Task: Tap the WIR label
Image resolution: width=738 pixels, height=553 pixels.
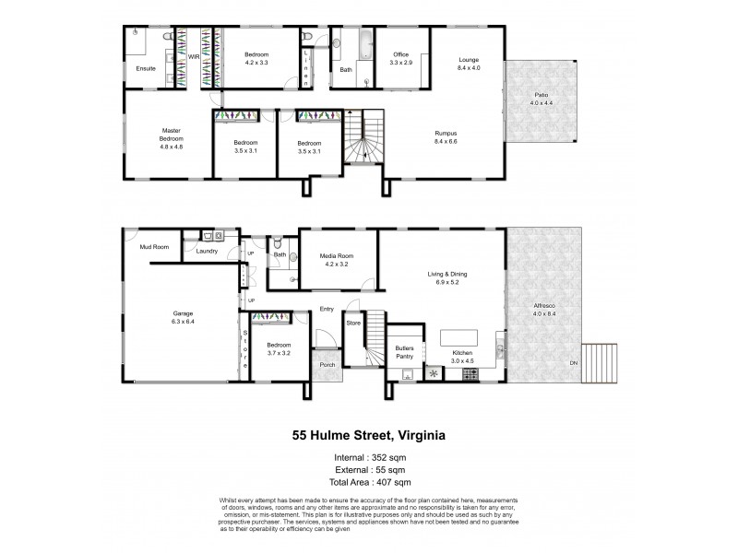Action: [194, 57]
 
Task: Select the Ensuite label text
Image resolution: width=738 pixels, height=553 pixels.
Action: [146, 69]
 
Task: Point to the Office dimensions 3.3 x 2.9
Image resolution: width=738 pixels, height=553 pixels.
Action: [400, 62]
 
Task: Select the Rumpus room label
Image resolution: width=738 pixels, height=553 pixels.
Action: [446, 135]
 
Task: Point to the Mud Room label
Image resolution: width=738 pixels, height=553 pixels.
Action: [152, 247]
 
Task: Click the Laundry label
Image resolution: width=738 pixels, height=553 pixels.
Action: [206, 249]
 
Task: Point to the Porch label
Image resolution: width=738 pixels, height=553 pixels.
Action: [327, 364]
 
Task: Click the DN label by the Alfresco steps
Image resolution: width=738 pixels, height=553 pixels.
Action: [574, 362]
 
